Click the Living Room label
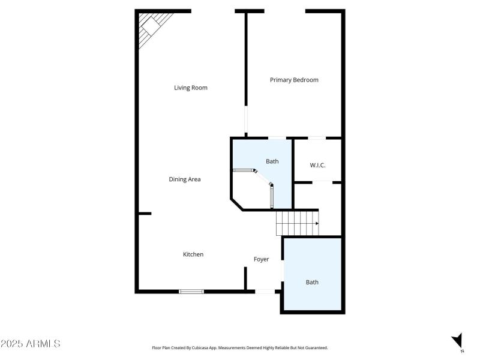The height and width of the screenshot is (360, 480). (x=191, y=88)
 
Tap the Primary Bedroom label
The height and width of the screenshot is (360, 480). (x=294, y=80)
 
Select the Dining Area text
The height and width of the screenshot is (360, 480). (x=185, y=179)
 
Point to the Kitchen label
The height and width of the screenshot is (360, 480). (x=193, y=254)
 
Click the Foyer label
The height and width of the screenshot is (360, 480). (x=261, y=259)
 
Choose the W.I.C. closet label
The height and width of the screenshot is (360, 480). (x=317, y=165)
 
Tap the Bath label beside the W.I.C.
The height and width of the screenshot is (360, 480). (x=272, y=161)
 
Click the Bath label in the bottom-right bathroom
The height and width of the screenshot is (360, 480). (x=312, y=282)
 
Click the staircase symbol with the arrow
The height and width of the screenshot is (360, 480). (x=297, y=223)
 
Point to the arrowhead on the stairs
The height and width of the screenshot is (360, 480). (x=316, y=224)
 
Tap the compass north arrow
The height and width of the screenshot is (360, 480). (x=458, y=340)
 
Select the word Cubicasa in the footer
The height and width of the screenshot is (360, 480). (x=200, y=347)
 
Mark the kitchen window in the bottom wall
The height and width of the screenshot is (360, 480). (x=191, y=292)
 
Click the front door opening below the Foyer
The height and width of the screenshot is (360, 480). (x=264, y=292)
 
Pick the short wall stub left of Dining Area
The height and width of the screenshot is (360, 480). (x=144, y=213)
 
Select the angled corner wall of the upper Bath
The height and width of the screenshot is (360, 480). (x=236, y=204)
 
